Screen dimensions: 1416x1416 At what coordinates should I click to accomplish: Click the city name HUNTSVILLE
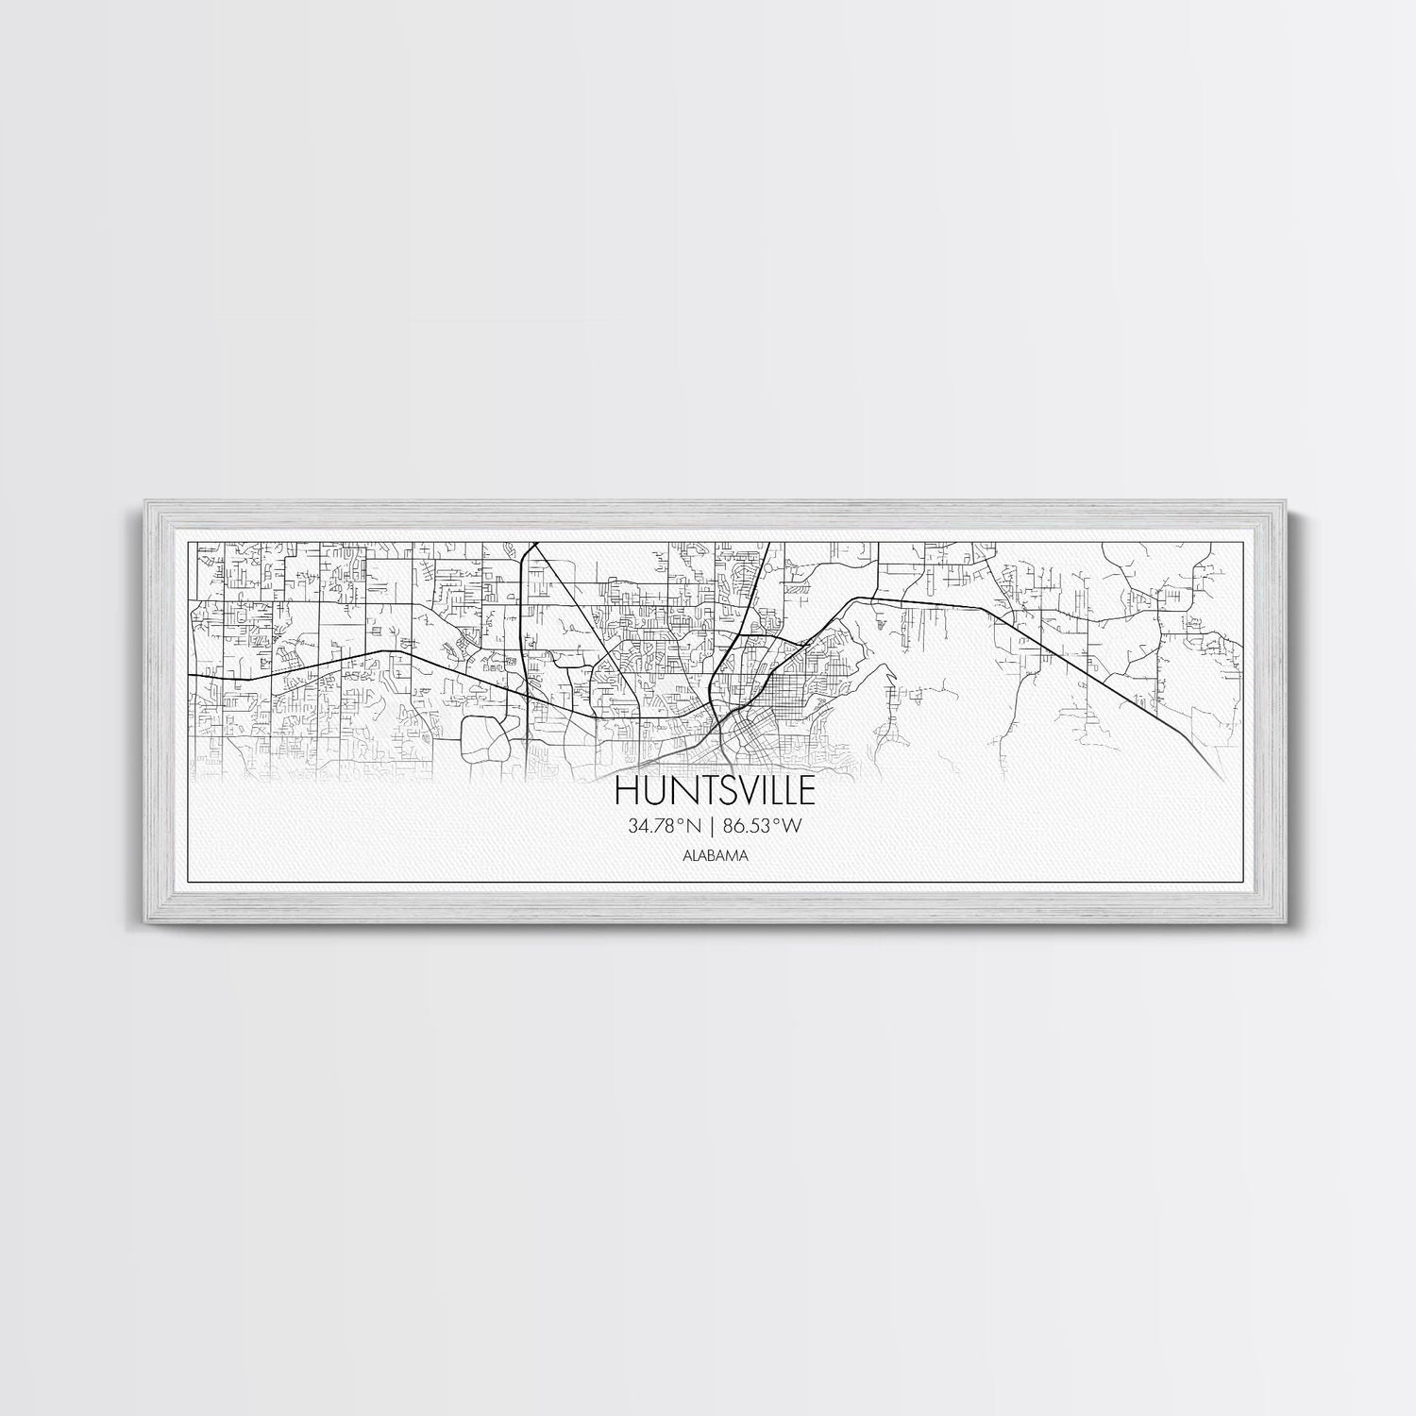pos(707,789)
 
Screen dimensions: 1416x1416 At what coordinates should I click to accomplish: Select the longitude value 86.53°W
pos(762,826)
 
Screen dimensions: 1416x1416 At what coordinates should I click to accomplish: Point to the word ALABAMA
pos(707,856)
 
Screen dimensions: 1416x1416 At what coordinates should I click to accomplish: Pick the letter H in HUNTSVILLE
pos(627,789)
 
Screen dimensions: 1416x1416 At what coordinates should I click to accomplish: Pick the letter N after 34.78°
pos(694,826)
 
